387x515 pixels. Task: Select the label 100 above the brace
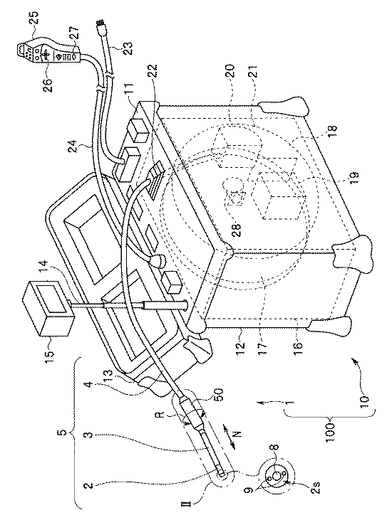[x=331, y=433]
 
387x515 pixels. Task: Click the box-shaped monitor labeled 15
[x=47, y=308]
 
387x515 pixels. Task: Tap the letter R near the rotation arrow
[x=160, y=415]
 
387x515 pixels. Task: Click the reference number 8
[x=275, y=449]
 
